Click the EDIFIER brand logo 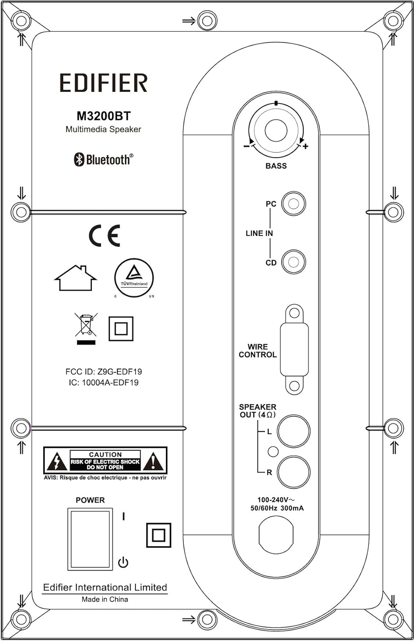coord(103,83)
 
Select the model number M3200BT coord(103,116)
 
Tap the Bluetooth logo coord(103,159)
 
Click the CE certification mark coord(105,235)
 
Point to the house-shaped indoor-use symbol coord(76,278)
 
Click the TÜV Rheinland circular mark coord(134,278)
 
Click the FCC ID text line coord(103,372)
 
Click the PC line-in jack coord(294,203)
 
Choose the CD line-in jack coord(294,262)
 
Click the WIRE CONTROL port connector coord(294,349)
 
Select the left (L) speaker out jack coord(294,431)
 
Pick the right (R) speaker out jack coord(294,472)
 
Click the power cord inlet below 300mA coord(276,535)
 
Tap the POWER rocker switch coord(90,539)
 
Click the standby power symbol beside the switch coord(123,562)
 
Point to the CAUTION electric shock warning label coord(105,461)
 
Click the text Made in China coord(105,600)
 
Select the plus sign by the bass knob coord(306,147)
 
